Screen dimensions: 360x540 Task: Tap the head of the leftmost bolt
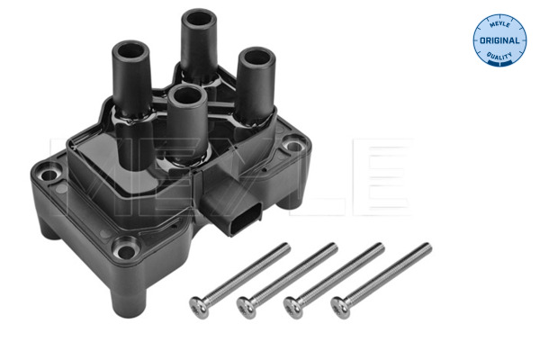tap(201, 307)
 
